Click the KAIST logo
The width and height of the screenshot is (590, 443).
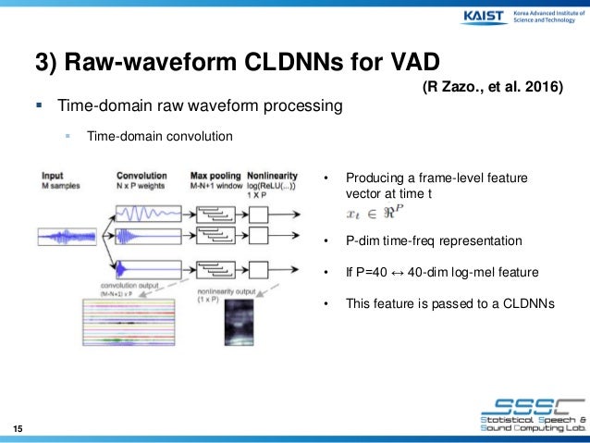[478, 19]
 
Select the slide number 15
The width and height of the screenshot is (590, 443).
[18, 426]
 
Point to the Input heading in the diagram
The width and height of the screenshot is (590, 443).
[52, 175]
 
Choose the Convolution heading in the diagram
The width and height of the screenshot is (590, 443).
[141, 175]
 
